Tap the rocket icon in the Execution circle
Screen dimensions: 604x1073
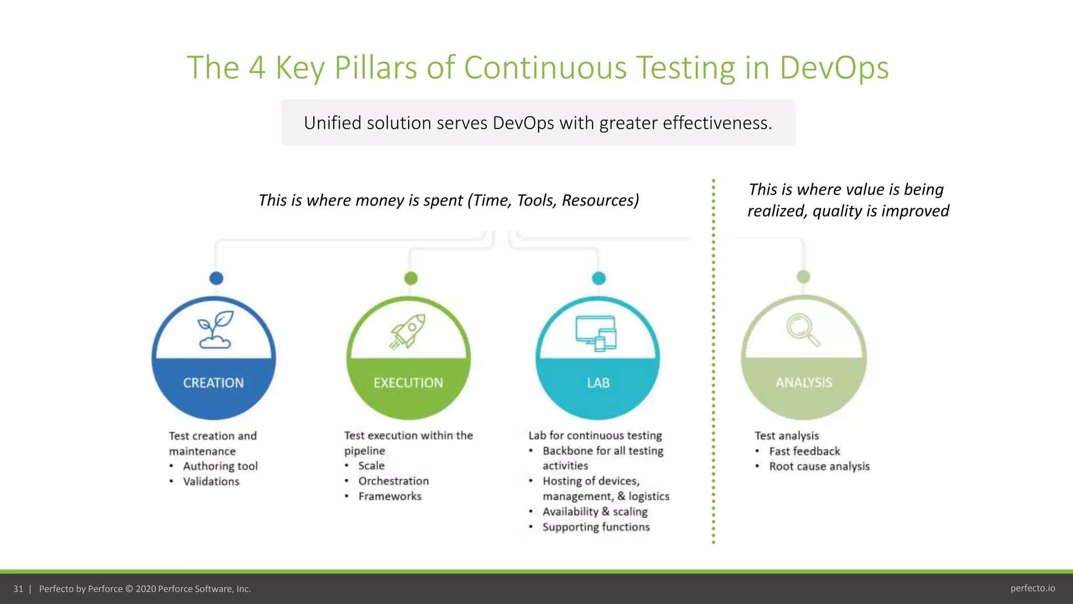tap(408, 331)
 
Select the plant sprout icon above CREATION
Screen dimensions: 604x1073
tap(215, 330)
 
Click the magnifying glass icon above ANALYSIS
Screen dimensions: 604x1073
tap(803, 330)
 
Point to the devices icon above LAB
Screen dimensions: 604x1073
tap(596, 333)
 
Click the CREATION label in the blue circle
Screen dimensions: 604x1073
tap(213, 383)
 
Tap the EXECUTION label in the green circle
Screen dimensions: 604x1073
tap(408, 383)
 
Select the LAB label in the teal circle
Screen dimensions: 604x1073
tap(598, 383)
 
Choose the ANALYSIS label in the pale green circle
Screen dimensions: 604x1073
tap(804, 383)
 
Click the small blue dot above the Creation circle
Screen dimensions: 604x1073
tap(216, 278)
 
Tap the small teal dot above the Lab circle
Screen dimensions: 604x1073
tap(599, 278)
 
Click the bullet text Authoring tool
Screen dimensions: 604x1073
tap(220, 466)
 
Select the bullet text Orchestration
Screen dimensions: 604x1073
tap(393, 481)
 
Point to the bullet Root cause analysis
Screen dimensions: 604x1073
tap(819, 467)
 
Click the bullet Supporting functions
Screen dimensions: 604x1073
tap(596, 527)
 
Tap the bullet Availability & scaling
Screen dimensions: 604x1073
tap(595, 512)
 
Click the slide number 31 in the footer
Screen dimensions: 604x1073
tap(18, 589)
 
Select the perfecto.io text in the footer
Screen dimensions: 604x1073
tap(1032, 588)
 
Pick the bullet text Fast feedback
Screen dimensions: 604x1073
tap(804, 451)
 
